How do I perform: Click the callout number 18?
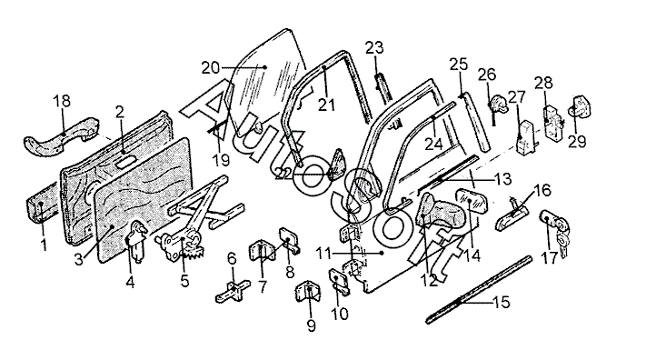click(62, 101)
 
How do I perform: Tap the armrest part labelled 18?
click(62, 136)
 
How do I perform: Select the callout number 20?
click(211, 67)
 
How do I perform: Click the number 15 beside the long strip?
click(502, 302)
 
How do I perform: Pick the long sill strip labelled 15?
click(479, 290)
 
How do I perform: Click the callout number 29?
click(577, 142)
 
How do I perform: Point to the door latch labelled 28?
click(553, 120)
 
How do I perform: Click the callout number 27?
click(517, 97)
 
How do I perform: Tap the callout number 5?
click(184, 281)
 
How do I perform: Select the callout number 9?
click(312, 325)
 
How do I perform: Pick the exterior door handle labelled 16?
click(512, 214)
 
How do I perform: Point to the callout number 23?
click(374, 48)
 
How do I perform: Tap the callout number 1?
click(44, 245)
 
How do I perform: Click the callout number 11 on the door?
click(324, 254)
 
